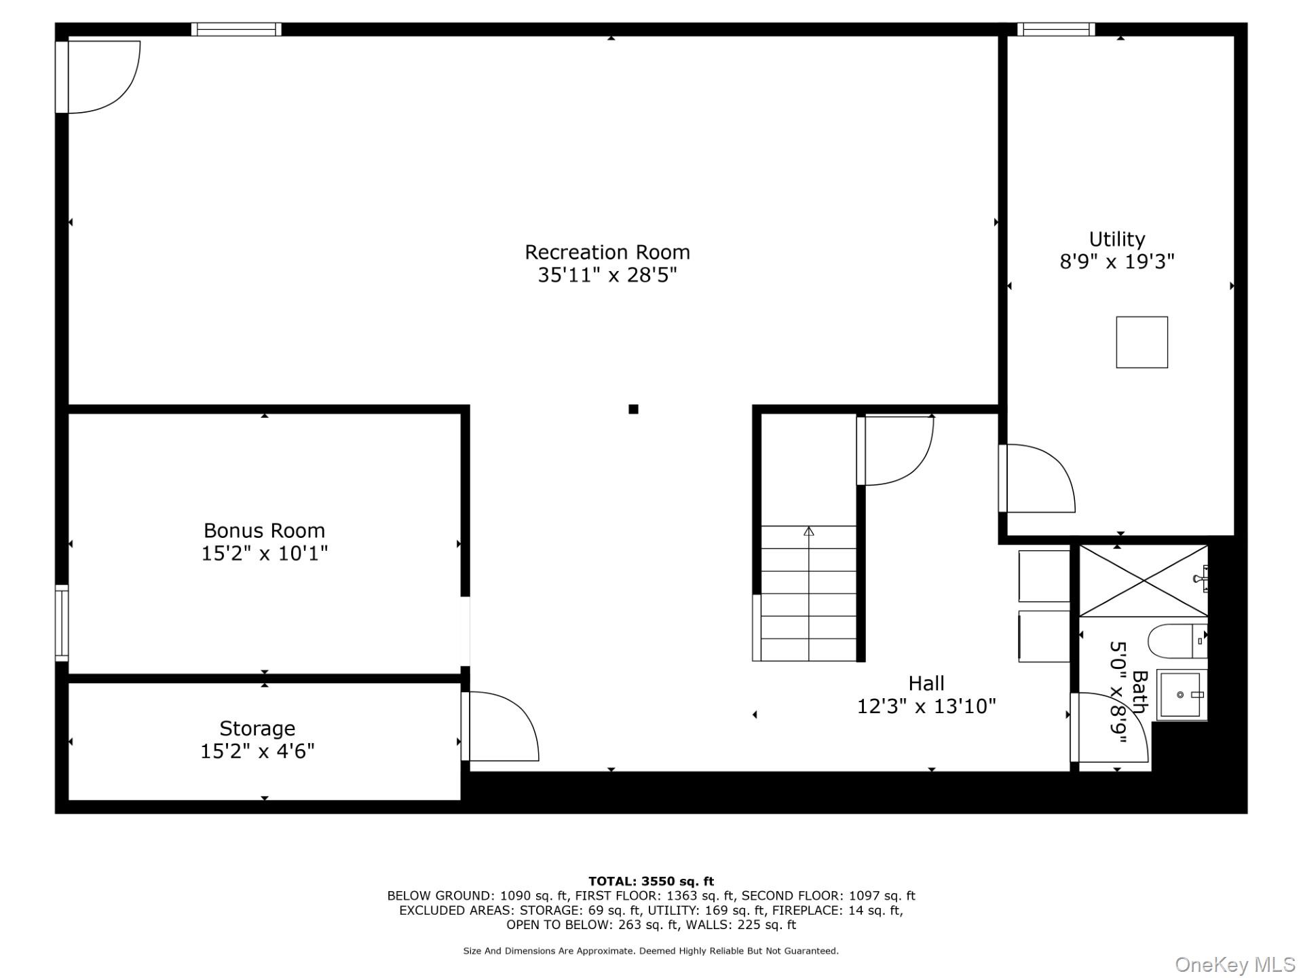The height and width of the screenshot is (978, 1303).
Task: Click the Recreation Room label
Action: point(607,252)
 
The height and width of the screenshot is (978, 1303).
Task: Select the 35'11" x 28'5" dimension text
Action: point(607,275)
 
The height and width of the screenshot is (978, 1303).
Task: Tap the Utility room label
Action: point(1117,240)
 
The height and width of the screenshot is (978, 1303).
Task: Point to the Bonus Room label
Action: point(264,530)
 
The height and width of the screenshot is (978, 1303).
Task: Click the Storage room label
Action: point(257,729)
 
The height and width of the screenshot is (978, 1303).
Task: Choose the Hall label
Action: point(926,683)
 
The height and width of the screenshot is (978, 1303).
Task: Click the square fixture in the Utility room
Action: point(1142,342)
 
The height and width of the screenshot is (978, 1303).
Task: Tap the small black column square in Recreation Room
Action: point(633,409)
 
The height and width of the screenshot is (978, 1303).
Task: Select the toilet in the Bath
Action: point(1177,641)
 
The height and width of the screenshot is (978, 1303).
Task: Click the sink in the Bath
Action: point(1182,695)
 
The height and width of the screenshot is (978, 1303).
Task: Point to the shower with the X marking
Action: point(1144,581)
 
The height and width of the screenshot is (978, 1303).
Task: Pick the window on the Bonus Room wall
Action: point(62,623)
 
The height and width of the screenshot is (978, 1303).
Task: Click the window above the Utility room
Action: point(1055,29)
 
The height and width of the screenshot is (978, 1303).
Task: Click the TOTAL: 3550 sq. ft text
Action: point(651,882)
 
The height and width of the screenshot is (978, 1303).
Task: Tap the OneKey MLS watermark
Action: point(1235,964)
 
